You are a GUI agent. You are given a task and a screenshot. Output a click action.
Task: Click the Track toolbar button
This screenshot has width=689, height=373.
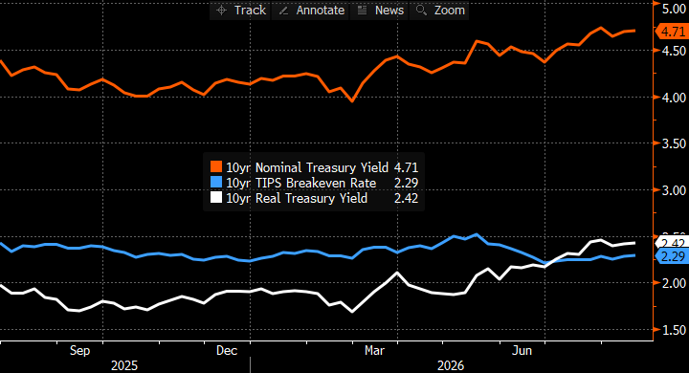click(x=240, y=11)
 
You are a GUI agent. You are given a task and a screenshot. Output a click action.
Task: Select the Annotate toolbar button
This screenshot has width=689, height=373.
click(x=311, y=11)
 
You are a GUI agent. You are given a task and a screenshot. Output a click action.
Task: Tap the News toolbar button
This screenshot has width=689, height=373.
click(x=380, y=11)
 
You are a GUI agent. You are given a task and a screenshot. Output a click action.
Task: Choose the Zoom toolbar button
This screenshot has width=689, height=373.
click(x=439, y=11)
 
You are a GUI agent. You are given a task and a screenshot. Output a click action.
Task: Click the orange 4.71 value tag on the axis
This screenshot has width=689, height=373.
click(x=672, y=32)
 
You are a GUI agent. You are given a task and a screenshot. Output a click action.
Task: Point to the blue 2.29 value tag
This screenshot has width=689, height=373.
click(x=672, y=256)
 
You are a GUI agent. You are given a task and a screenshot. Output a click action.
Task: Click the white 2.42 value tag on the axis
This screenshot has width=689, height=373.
click(x=672, y=243)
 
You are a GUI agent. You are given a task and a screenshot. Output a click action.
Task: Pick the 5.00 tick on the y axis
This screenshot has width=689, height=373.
click(x=674, y=10)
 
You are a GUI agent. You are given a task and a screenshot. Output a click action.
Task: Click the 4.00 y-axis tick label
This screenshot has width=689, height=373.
click(x=674, y=98)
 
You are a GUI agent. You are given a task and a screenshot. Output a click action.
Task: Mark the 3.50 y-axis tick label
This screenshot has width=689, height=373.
click(x=674, y=143)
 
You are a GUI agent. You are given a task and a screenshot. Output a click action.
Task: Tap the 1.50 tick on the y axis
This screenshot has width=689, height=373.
click(x=674, y=330)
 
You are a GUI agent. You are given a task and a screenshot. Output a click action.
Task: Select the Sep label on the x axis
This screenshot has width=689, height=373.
click(x=80, y=351)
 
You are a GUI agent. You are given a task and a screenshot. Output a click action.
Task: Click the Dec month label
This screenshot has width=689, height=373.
click(x=227, y=351)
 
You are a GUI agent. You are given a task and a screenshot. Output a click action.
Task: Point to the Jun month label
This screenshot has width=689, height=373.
click(x=522, y=351)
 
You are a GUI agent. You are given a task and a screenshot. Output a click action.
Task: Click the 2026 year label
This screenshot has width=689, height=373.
click(x=451, y=365)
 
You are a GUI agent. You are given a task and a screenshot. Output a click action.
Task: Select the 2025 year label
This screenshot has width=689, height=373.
click(x=124, y=365)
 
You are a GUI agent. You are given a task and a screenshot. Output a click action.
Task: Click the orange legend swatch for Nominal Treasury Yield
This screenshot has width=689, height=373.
click(x=216, y=167)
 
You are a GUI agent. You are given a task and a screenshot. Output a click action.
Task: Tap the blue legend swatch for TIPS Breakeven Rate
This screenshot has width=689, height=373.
click(x=216, y=183)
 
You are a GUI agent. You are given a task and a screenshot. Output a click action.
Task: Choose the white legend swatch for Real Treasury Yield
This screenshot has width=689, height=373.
click(x=216, y=198)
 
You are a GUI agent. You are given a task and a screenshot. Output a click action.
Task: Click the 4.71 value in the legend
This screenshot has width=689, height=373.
click(x=406, y=167)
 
